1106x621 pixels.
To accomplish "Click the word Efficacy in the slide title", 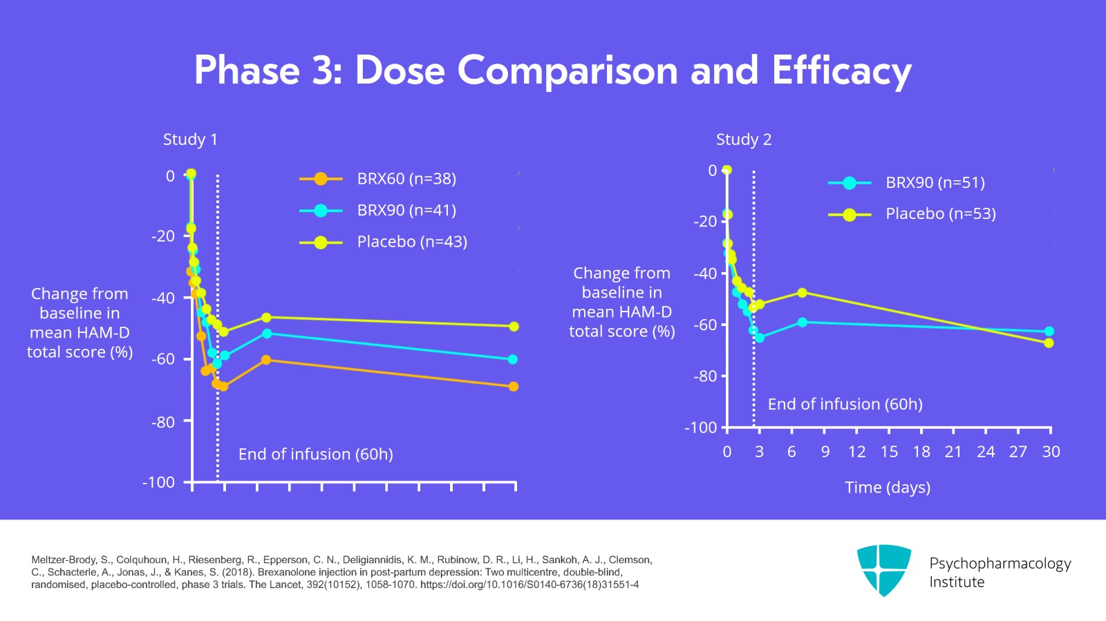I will tap(841, 70).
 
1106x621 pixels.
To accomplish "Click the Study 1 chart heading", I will tap(190, 140).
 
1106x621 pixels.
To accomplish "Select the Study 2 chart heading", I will tap(743, 140).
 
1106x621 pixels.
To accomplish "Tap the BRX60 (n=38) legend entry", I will tap(406, 179).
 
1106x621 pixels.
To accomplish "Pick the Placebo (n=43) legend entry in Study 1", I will tap(411, 242).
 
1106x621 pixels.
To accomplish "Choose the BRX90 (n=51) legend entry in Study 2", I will tap(935, 183).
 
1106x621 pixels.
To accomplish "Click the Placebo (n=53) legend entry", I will tap(940, 214).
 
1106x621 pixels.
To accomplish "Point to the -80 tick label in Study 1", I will tap(163, 422).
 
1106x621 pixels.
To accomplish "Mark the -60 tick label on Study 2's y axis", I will tap(705, 325).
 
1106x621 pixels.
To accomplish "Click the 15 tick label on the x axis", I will tap(889, 452).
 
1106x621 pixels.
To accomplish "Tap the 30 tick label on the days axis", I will tap(1051, 452).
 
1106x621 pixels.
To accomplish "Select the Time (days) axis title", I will tap(888, 488).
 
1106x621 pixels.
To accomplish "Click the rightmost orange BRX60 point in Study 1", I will tap(513, 387).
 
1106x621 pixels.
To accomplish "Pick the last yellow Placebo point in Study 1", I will tap(514, 327).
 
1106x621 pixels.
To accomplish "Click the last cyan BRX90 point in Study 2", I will tap(1049, 332).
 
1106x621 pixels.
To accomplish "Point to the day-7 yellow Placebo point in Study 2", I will tap(802, 293).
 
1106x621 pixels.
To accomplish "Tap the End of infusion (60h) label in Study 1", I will tap(315, 455).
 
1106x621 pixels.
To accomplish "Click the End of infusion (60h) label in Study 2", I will tap(845, 405).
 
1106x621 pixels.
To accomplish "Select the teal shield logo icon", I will tap(883, 570).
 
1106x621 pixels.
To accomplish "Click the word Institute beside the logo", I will tap(956, 582).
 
